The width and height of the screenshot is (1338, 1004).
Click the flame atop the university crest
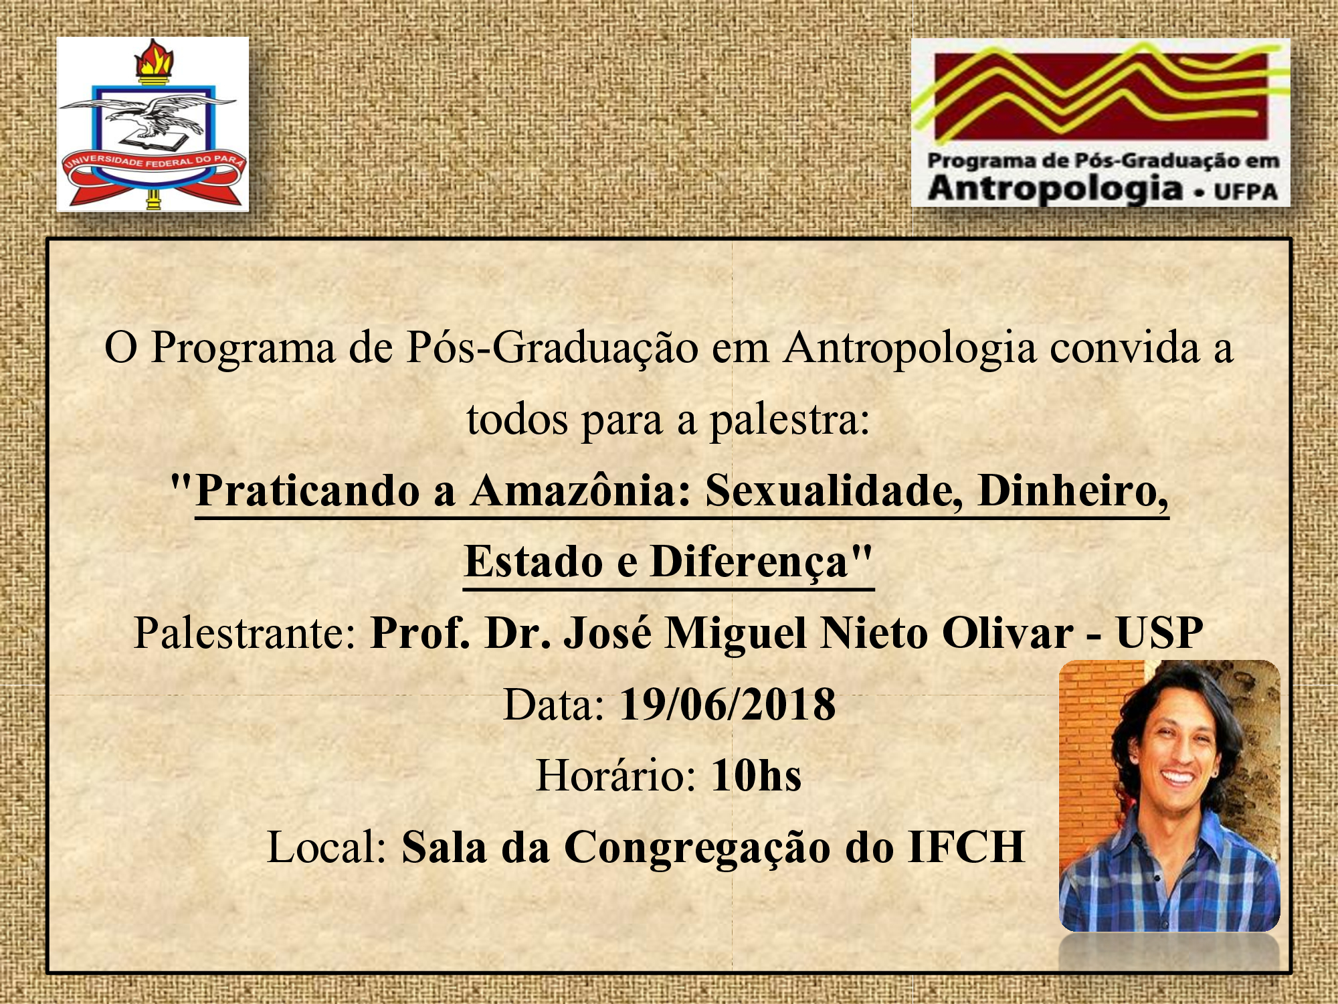(155, 59)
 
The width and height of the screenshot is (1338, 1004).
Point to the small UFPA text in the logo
(1246, 192)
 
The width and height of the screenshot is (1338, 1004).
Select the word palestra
(789, 421)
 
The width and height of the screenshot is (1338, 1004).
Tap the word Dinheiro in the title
(1073, 491)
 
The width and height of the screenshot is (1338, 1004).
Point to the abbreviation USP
(1159, 633)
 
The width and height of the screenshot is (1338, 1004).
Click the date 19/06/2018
(728, 704)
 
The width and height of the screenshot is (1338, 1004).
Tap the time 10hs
(756, 776)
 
